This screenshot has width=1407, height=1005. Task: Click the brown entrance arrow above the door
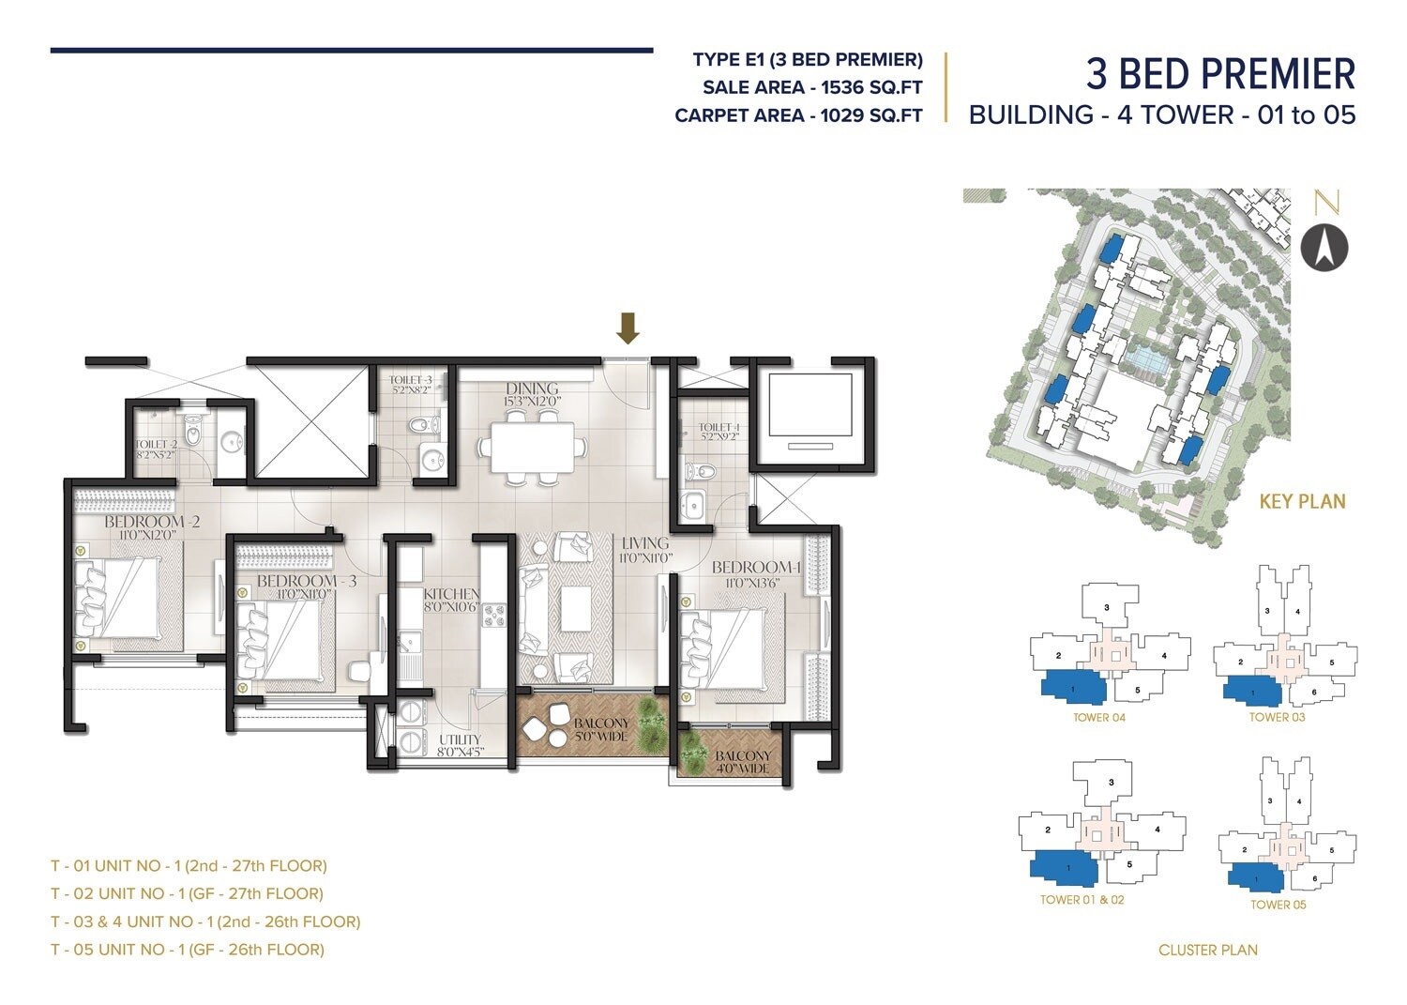tap(628, 327)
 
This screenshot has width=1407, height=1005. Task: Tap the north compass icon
tap(1324, 248)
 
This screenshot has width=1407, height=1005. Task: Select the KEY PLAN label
tap(1301, 502)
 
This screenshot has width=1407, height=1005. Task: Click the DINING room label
tap(532, 388)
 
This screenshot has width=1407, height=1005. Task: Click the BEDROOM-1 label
tap(755, 568)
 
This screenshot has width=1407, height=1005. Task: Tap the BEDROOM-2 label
tap(152, 522)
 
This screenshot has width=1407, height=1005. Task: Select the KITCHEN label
tap(451, 595)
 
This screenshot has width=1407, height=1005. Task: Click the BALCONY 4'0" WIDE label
tap(742, 761)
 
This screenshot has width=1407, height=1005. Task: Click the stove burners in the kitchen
tap(493, 616)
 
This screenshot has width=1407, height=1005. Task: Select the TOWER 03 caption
tap(1277, 718)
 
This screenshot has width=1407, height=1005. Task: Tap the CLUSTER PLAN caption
tap(1207, 950)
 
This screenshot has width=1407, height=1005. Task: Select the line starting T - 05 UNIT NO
tap(188, 949)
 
